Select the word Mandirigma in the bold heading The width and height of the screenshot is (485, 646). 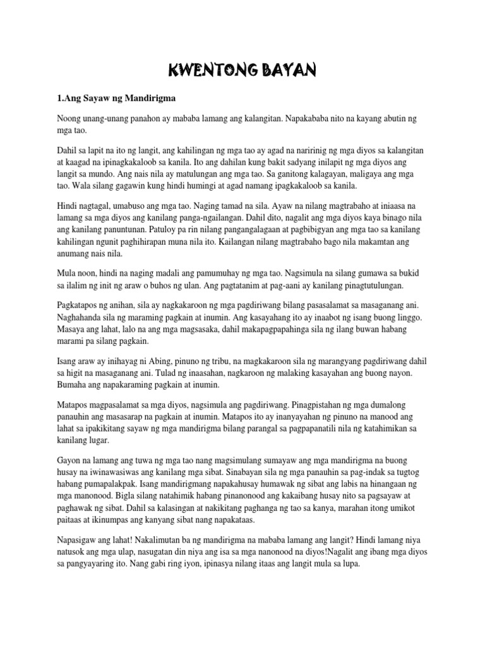click(146, 98)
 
